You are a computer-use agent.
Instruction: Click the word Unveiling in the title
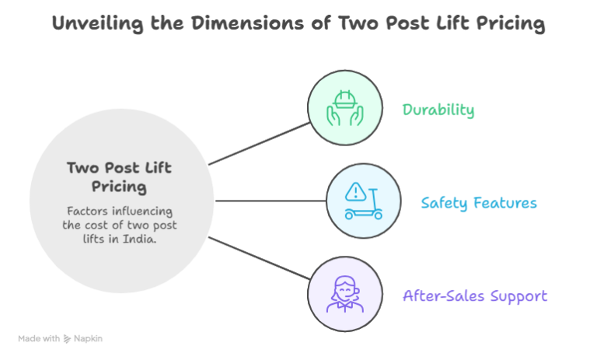point(87,23)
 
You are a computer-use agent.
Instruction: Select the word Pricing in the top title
point(509,23)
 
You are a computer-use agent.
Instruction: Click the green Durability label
point(438,110)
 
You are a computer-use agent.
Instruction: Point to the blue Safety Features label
point(479,204)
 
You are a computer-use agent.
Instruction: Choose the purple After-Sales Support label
point(475,296)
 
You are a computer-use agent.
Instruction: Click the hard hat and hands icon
point(344,108)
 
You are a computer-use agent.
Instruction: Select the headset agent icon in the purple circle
point(344,294)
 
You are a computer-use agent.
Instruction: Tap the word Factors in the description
point(86,211)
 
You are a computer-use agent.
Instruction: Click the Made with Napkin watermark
point(60,339)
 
